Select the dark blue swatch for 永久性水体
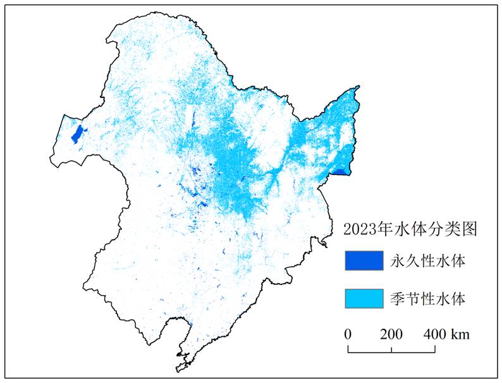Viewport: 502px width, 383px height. (x=364, y=260)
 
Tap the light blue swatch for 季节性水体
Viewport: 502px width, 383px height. (x=364, y=298)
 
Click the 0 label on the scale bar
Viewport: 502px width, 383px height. (x=348, y=334)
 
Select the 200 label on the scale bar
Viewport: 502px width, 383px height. (x=391, y=334)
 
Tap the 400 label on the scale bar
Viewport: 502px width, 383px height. (x=434, y=334)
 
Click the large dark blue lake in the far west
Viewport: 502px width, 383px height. (x=78, y=134)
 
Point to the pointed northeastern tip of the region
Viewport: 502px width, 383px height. (x=359, y=87)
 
